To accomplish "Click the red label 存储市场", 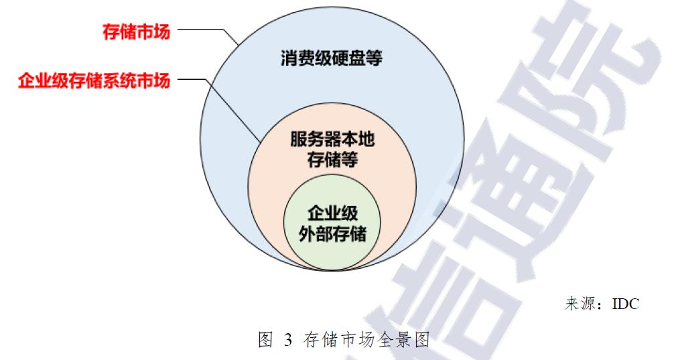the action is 136,32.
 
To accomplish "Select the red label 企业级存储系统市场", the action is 93,82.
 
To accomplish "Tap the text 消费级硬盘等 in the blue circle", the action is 331,59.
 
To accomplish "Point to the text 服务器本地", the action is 332,141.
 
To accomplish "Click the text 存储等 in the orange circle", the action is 332,161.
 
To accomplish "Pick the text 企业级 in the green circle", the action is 332,214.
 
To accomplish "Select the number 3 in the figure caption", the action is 288,340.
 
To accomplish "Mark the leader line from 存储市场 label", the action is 201,30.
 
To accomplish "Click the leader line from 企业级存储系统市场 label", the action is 194,81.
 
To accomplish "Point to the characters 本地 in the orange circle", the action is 358,141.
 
